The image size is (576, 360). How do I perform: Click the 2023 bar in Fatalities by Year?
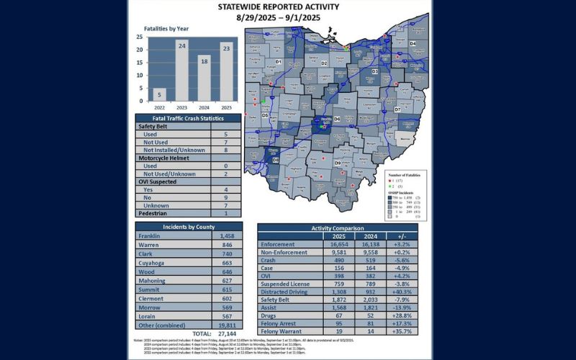[182, 71]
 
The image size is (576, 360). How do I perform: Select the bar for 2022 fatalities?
[160, 94]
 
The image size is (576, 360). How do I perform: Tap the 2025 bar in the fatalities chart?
[226, 72]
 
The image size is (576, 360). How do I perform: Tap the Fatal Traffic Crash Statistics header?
[182, 118]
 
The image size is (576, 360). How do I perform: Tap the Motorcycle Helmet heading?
[167, 158]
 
